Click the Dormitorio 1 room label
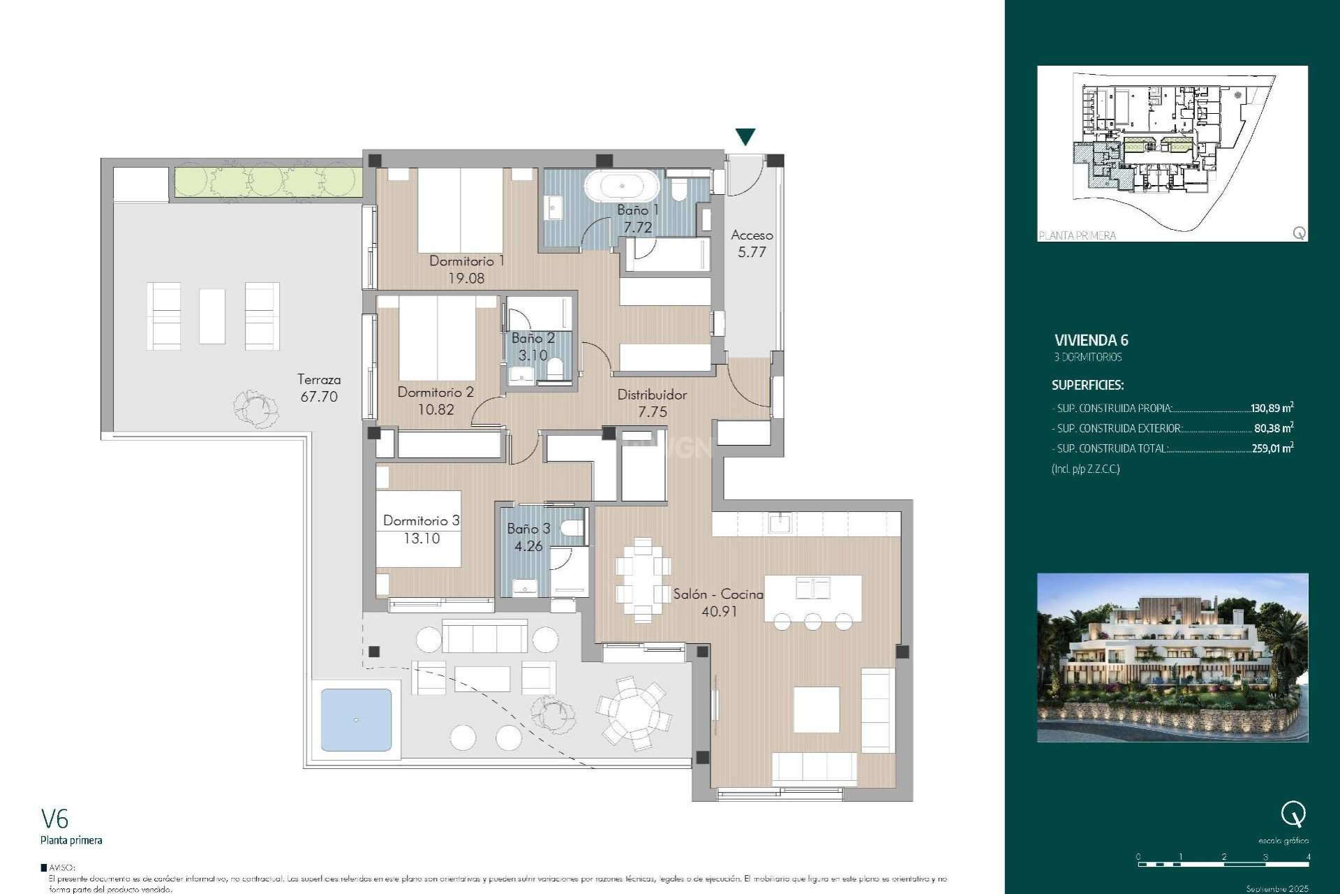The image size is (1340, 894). (x=466, y=261)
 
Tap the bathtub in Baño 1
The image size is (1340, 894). (x=620, y=186)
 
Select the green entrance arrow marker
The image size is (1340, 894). (x=745, y=137)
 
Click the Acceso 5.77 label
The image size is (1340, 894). (x=752, y=243)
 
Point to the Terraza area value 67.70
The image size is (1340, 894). (x=319, y=397)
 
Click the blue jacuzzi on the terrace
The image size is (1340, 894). (x=356, y=720)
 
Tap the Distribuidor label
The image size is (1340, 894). (x=652, y=395)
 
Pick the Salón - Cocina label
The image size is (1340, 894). (x=718, y=594)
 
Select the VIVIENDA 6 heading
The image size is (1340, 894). (x=1091, y=341)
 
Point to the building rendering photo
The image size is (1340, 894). (x=1172, y=657)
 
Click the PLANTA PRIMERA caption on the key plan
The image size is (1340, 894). (x=1077, y=236)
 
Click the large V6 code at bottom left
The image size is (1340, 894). (x=54, y=819)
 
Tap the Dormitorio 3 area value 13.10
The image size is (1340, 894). (x=422, y=538)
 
